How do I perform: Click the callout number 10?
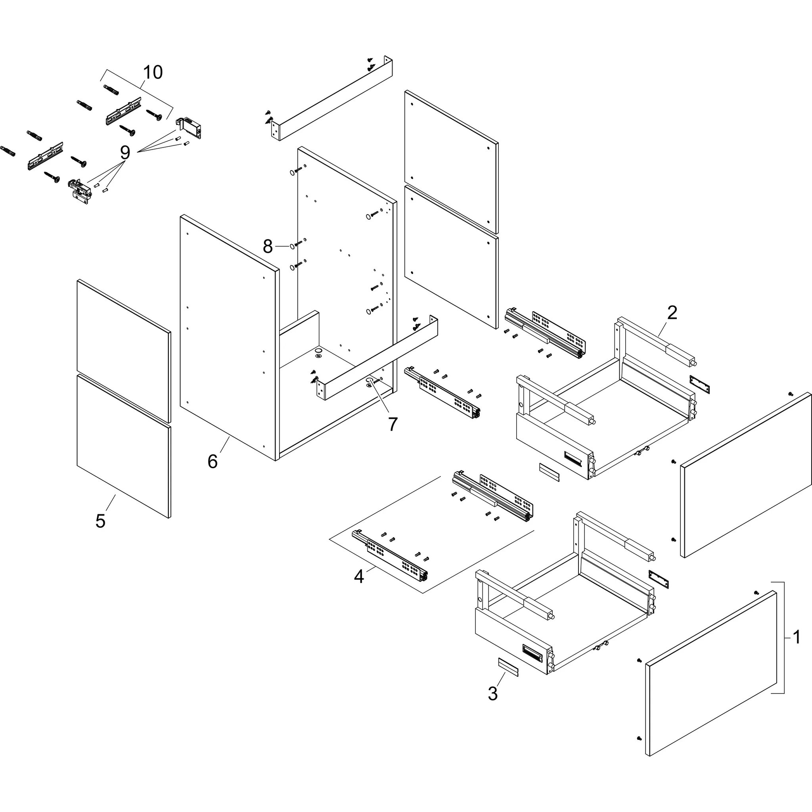pos(153,72)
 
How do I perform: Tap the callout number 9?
pos(125,153)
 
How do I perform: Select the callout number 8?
pos(268,246)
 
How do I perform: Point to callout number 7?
pos(393,424)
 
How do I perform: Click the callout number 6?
pos(213,462)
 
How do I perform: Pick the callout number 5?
pos(100,521)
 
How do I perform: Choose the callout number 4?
pos(358,576)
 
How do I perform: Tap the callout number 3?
pos(492,693)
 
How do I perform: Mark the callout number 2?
pos(672,313)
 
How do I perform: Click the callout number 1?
pos(797,637)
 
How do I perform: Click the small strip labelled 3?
pos(508,667)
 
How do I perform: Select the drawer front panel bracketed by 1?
pos(710,672)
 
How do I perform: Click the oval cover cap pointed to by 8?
pos(291,246)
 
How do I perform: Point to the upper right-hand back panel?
pos(450,162)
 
